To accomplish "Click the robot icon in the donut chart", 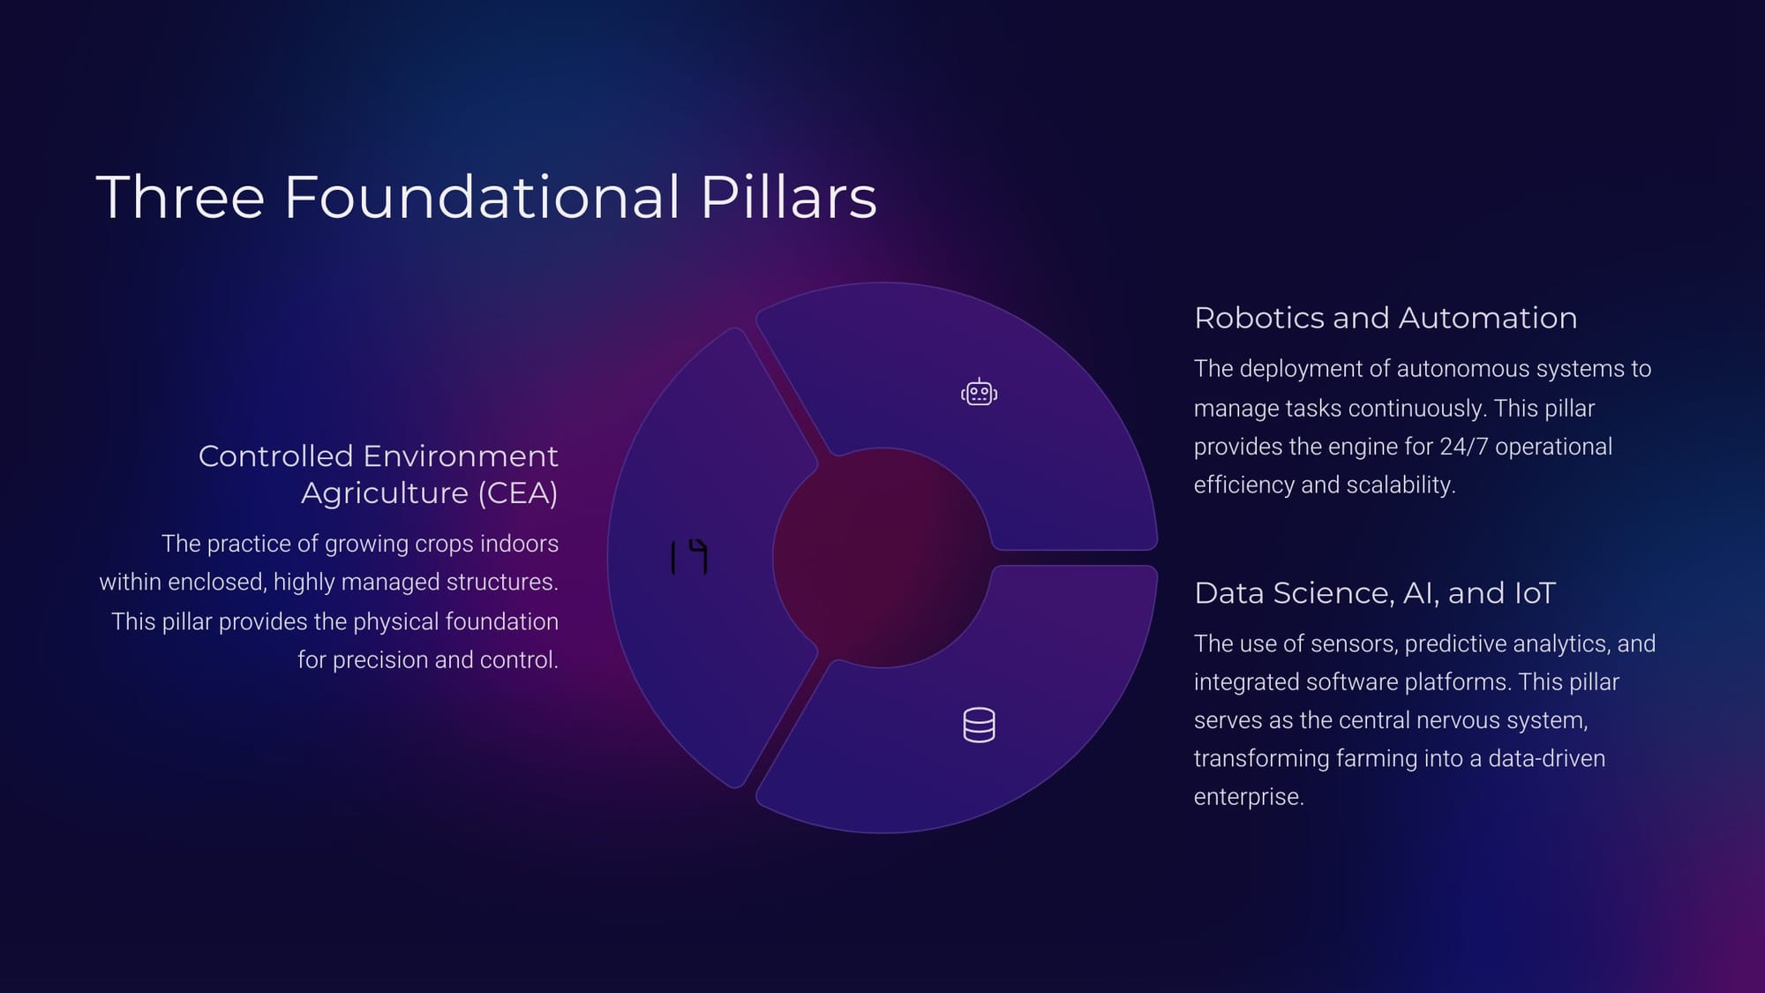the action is click(979, 392).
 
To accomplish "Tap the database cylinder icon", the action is click(979, 725).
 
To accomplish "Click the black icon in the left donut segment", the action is click(689, 557).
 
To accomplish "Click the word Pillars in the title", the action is click(788, 197).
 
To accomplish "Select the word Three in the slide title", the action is click(180, 197).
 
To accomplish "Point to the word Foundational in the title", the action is click(482, 197).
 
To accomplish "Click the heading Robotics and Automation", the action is click(1386, 318).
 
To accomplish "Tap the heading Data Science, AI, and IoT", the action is click(1375, 593).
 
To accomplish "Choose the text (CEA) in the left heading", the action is click(517, 493).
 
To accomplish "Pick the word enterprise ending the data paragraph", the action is click(1249, 797).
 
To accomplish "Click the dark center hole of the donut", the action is click(882, 558).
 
